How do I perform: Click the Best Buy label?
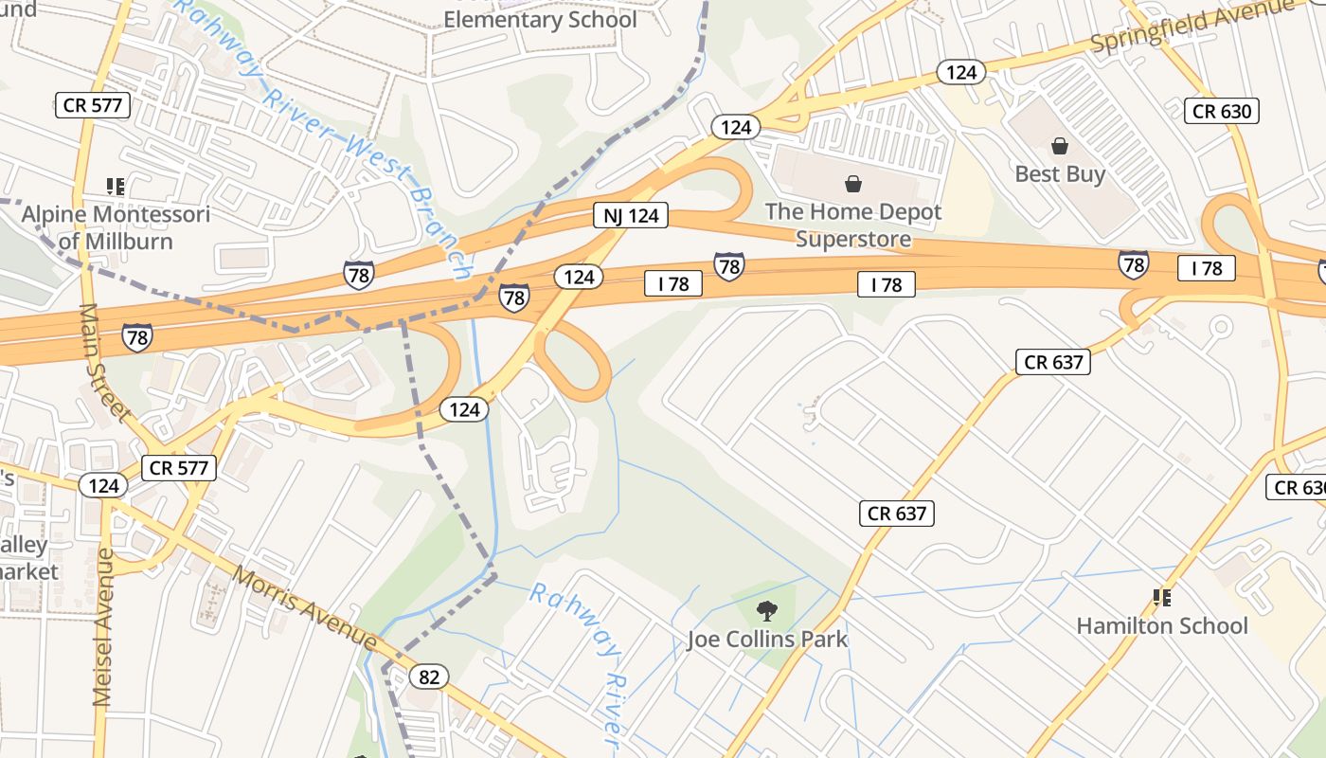coord(1060,174)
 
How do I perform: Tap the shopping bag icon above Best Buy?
coord(1060,146)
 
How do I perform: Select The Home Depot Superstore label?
coord(853,225)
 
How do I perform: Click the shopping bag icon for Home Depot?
coord(853,183)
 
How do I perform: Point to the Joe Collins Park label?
coord(767,640)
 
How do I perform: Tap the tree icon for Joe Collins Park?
coord(767,611)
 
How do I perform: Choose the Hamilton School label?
coord(1162,625)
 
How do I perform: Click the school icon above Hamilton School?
coord(1162,598)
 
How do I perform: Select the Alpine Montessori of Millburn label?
coord(116,227)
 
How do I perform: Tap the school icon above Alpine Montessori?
coord(116,186)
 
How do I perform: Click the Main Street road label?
coord(104,362)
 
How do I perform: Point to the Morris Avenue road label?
coord(305,607)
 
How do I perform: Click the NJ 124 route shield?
coord(631,216)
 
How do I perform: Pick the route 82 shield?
coord(429,677)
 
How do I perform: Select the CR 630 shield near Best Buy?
coord(1222,111)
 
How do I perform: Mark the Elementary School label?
coord(540,19)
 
